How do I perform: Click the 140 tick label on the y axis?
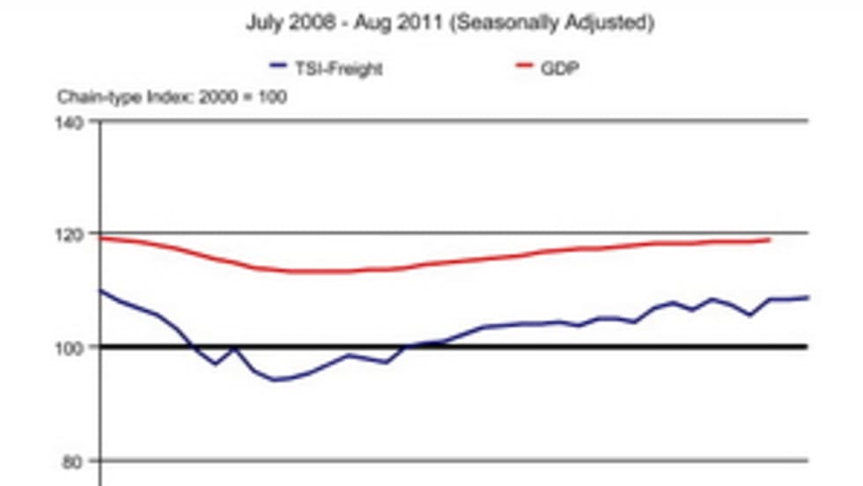click(x=73, y=121)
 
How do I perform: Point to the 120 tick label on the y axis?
click(x=73, y=234)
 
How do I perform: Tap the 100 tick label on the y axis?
click(x=73, y=347)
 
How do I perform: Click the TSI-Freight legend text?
click(x=339, y=68)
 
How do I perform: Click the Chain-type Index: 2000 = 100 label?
click(x=172, y=96)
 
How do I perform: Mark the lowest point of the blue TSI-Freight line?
click(x=276, y=380)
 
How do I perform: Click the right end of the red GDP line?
click(x=770, y=239)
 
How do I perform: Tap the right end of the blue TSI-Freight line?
click(x=808, y=298)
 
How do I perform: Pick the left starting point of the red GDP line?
click(x=101, y=238)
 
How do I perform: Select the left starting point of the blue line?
click(x=101, y=291)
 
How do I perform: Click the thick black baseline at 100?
click(x=528, y=347)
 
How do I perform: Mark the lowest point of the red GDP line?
click(x=317, y=271)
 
